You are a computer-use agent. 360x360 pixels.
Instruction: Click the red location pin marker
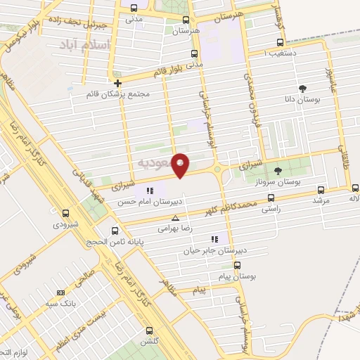tap(181, 165)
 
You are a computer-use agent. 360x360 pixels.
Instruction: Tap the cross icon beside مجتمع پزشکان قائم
tap(117, 84)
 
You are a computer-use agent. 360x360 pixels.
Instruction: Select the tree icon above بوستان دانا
tap(302, 89)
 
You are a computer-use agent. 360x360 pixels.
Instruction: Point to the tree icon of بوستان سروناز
tap(277, 170)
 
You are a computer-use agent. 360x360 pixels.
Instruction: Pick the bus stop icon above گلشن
tap(148, 330)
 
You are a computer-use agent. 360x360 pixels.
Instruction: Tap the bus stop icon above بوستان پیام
tap(237, 266)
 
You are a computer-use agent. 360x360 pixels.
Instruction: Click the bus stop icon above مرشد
tap(321, 190)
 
